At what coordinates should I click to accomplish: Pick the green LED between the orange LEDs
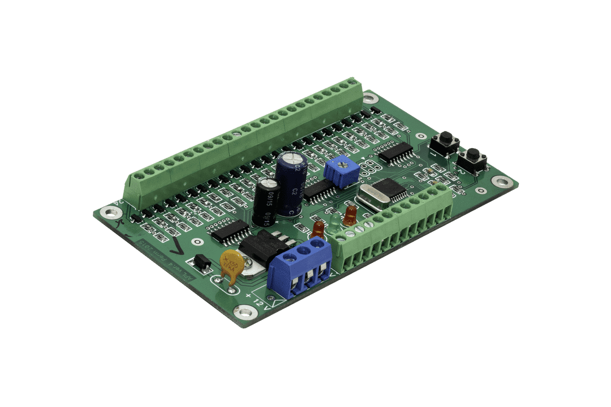tap(335, 222)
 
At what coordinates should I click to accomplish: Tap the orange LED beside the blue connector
tap(318, 229)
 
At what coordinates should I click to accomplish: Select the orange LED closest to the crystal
tap(350, 214)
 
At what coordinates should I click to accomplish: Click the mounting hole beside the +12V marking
tap(245, 310)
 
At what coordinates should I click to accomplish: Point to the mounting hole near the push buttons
tap(501, 182)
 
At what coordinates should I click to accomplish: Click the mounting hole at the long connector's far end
tap(371, 97)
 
